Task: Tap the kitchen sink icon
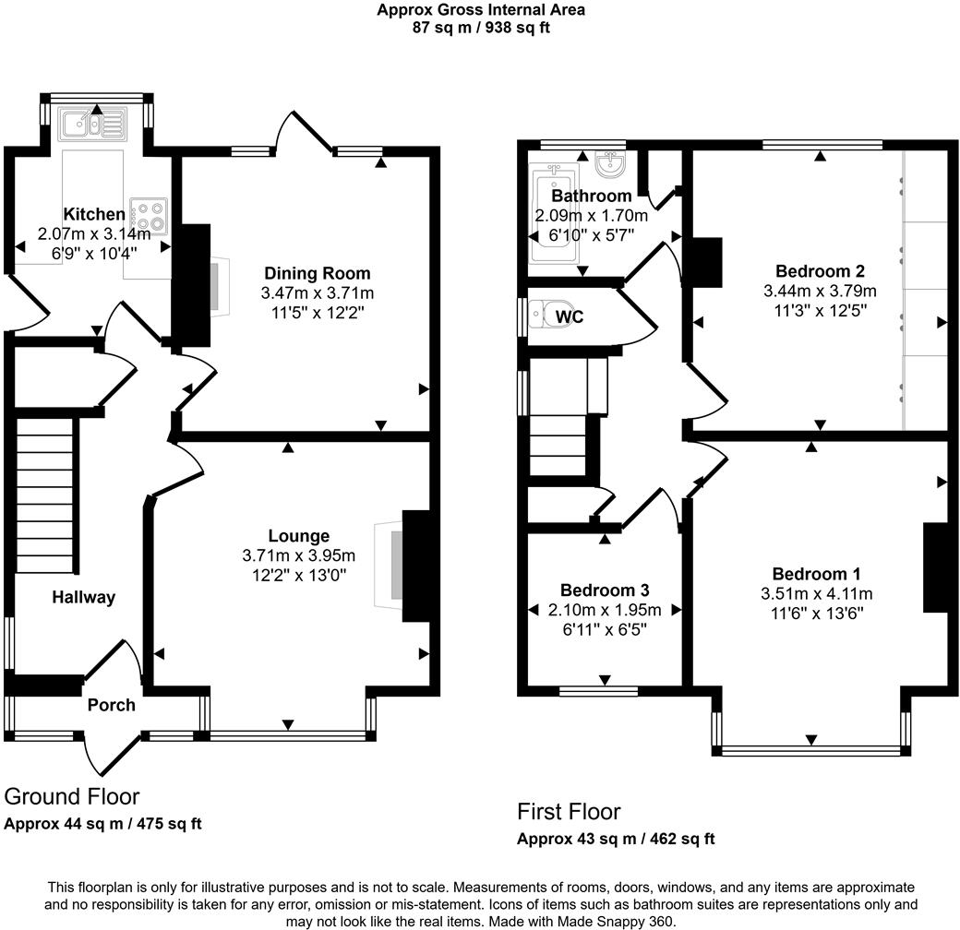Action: point(91,123)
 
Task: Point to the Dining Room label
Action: point(317,273)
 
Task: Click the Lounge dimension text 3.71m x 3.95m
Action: point(298,555)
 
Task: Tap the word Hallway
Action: point(83,597)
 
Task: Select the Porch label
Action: point(111,705)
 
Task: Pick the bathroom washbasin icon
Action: point(610,165)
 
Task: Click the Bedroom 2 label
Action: point(820,271)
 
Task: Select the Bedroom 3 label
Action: point(606,590)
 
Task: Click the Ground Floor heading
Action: point(72,796)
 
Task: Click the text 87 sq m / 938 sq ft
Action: point(480,28)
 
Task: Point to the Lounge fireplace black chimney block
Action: point(416,565)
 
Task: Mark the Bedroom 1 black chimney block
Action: point(935,567)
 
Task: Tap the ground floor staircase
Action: point(44,498)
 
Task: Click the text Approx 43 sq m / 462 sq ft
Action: point(615,840)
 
